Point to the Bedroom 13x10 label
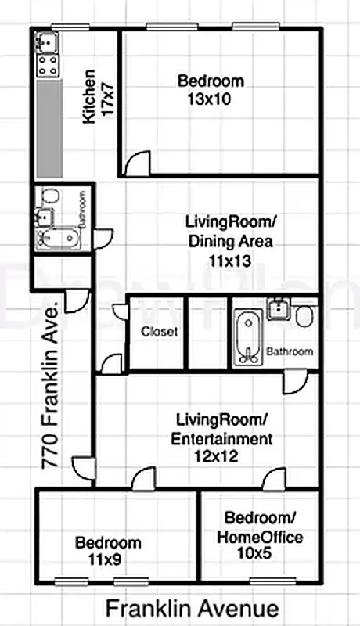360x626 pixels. pyautogui.click(x=211, y=89)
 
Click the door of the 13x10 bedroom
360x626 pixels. pyautogui.click(x=138, y=164)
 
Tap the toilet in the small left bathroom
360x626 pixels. pyautogui.click(x=51, y=196)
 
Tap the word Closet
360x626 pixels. pyautogui.click(x=159, y=332)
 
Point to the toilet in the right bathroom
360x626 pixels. pyautogui.click(x=306, y=316)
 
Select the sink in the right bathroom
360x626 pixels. pyautogui.click(x=278, y=311)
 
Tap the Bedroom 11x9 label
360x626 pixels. pyautogui.click(x=108, y=551)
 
